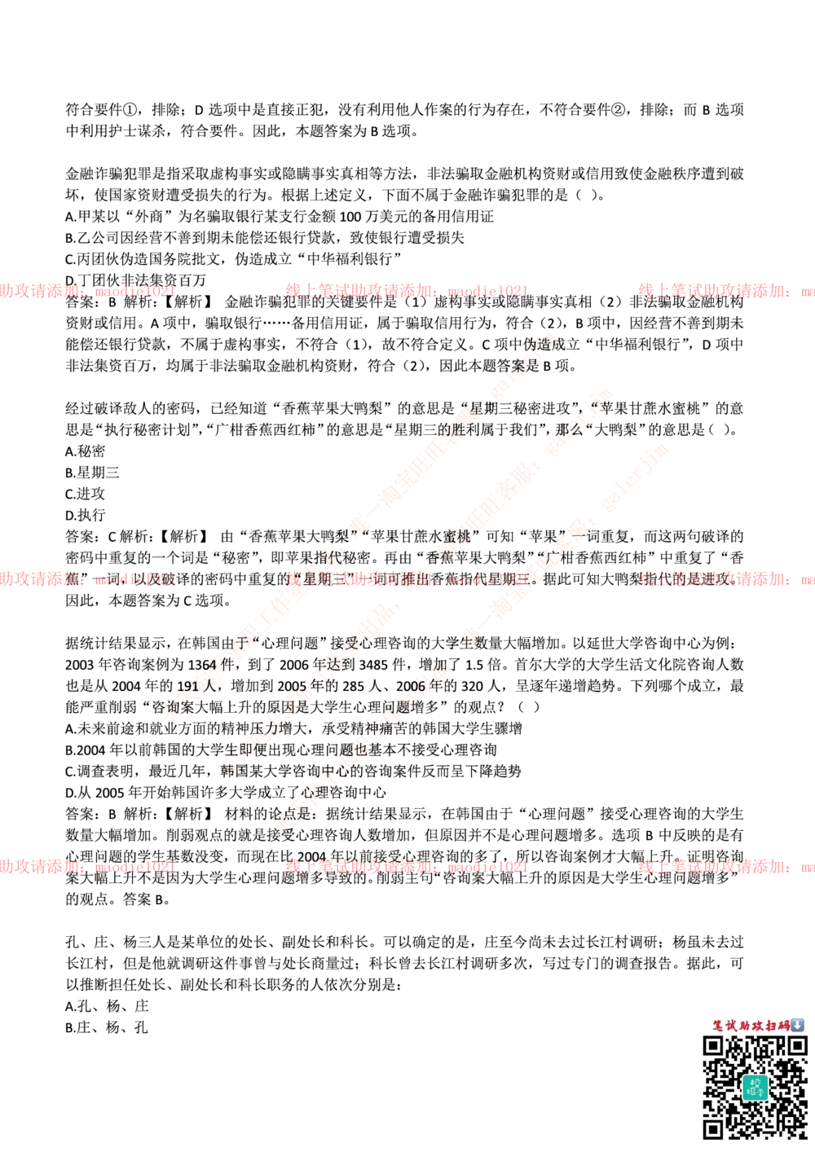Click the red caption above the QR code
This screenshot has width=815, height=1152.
[x=750, y=1026]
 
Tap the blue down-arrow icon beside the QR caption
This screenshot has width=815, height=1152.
[x=798, y=1025]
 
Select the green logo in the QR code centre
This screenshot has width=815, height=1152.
[x=755, y=1087]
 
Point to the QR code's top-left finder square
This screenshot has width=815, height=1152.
[x=714, y=1046]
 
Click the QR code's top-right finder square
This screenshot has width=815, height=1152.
[x=795, y=1046]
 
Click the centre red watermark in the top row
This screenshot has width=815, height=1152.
[x=406, y=290]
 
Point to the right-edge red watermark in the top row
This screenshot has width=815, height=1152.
[x=725, y=291]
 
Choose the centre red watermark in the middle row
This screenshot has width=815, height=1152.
[x=406, y=580]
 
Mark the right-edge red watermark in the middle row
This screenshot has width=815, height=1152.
[x=725, y=580]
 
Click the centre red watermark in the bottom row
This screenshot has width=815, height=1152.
[x=406, y=867]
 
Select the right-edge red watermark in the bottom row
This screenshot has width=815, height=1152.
[x=725, y=867]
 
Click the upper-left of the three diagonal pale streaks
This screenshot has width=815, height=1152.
[x=359, y=530]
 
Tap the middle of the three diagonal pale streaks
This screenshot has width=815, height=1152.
[x=416, y=587]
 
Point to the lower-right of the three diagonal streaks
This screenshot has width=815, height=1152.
[x=473, y=644]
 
